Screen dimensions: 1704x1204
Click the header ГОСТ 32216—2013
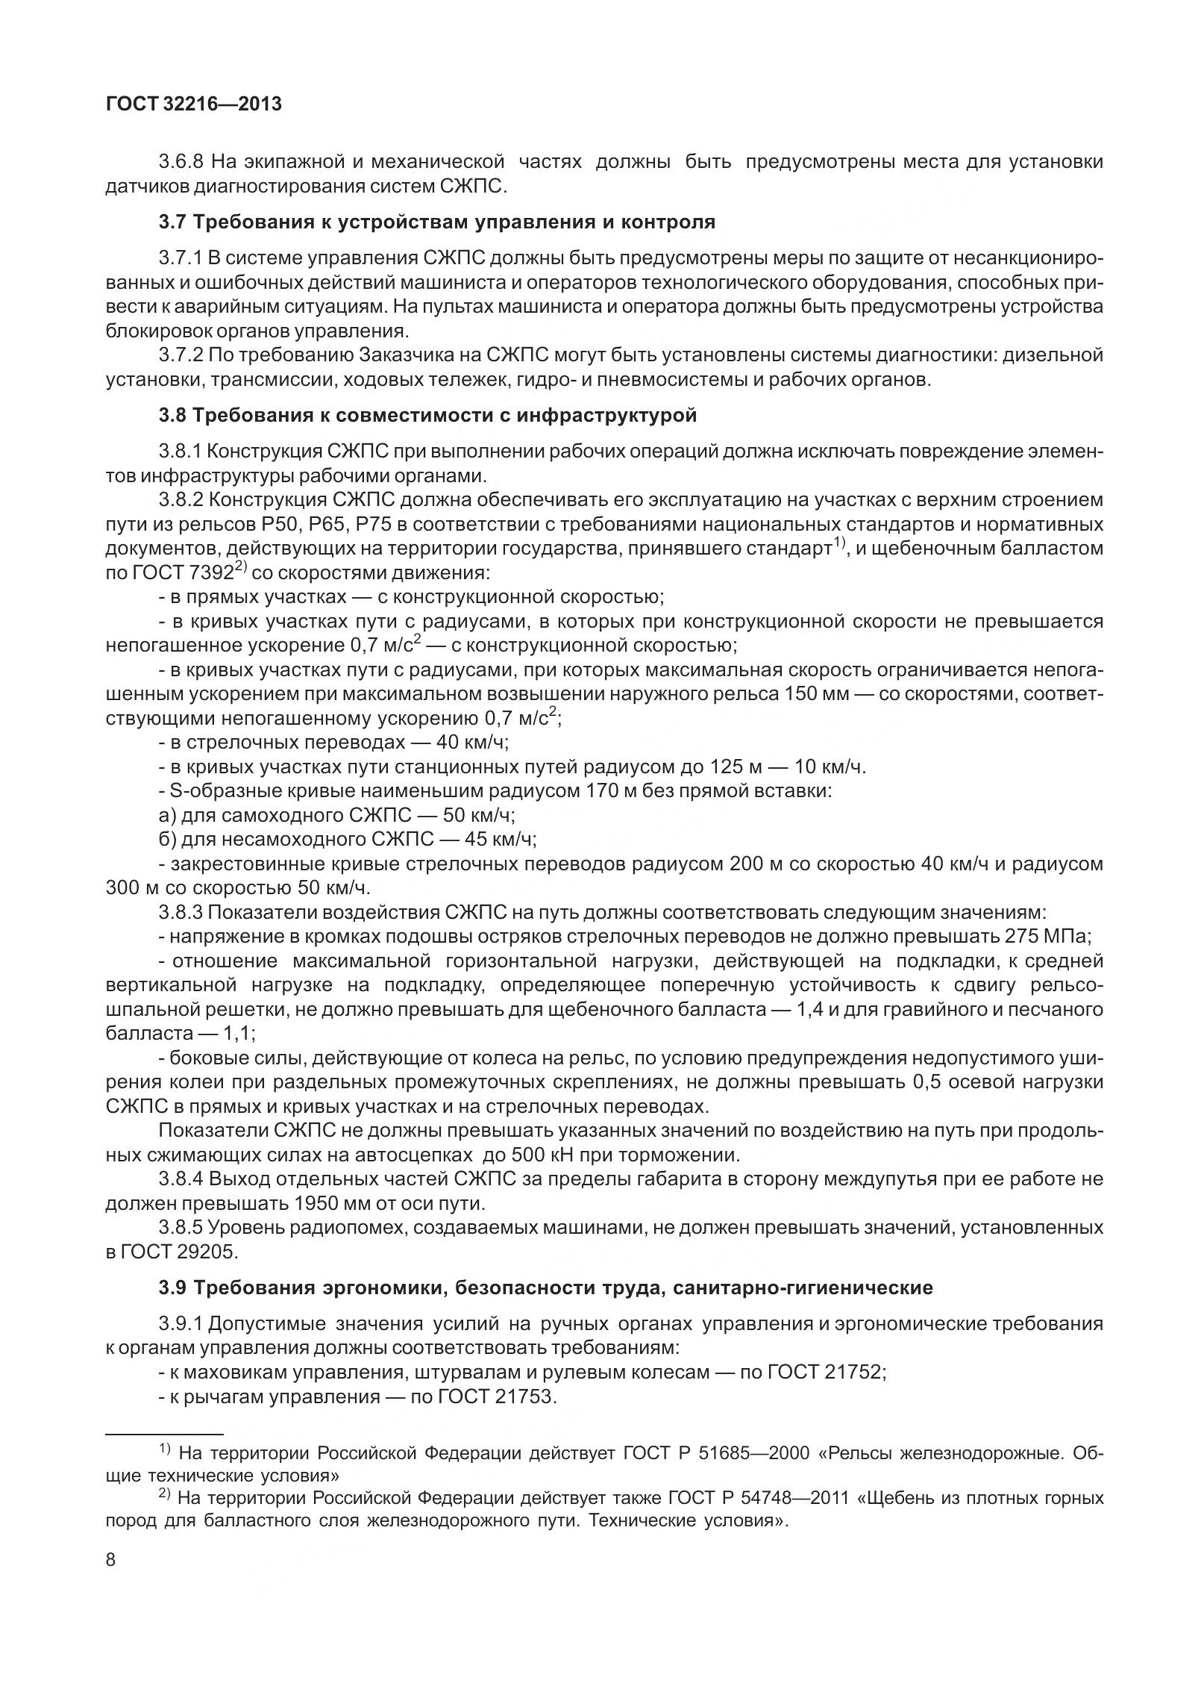pyautogui.click(x=194, y=104)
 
